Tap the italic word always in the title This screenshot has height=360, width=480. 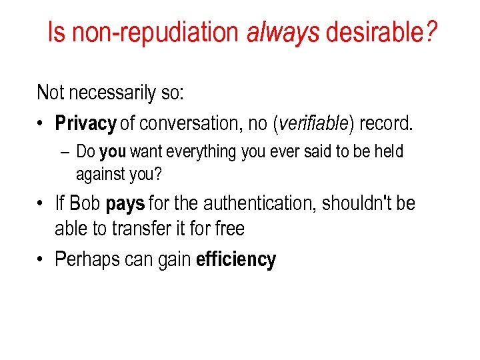(x=283, y=32)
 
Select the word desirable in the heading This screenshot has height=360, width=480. (x=377, y=32)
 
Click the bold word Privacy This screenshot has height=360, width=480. (x=85, y=124)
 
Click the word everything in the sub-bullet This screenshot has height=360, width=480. (x=204, y=153)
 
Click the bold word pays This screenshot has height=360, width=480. (x=125, y=203)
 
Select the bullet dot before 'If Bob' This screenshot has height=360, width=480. (x=41, y=203)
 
